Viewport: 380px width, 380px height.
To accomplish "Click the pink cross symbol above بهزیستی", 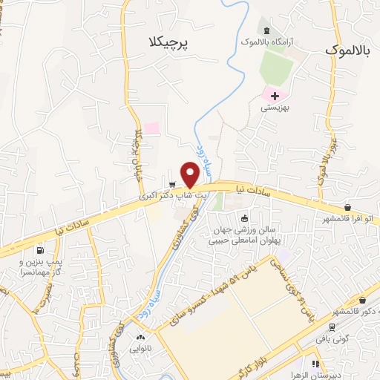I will pos(275,95).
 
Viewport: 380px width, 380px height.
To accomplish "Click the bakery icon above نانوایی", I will pos(141,338).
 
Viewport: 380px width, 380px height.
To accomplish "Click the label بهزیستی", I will pos(274,108).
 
